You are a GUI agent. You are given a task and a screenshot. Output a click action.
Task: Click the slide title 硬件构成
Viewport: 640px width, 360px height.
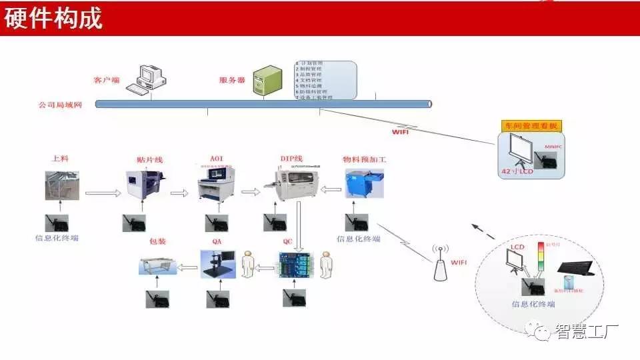tap(54, 19)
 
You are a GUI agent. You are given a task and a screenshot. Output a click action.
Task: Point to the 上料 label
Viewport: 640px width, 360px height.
tap(61, 159)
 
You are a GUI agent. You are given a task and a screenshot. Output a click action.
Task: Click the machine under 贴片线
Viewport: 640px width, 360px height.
tap(143, 186)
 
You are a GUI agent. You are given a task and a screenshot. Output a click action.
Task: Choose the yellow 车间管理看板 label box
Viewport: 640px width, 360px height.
tap(531, 126)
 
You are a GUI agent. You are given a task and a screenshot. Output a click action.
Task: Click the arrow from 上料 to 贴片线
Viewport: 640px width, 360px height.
tap(103, 193)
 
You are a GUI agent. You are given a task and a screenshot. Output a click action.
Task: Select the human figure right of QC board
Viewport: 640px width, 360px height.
tap(326, 265)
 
